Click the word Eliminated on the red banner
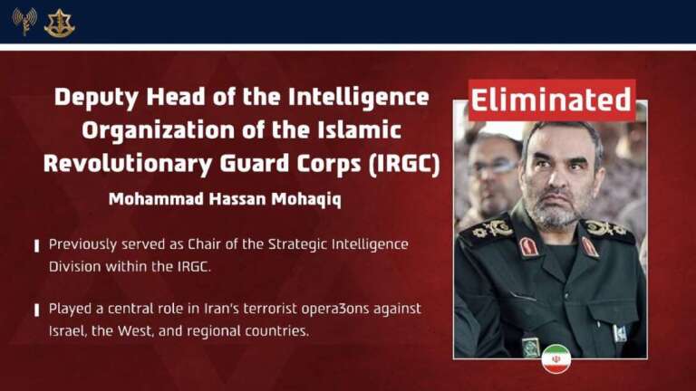(551, 100)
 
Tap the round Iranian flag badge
(556, 358)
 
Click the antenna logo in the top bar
(24, 21)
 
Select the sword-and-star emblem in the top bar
(60, 23)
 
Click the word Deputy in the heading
(96, 98)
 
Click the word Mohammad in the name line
(156, 198)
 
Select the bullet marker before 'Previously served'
(37, 245)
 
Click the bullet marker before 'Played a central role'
(37, 310)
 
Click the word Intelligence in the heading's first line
(359, 98)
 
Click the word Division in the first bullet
(74, 266)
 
